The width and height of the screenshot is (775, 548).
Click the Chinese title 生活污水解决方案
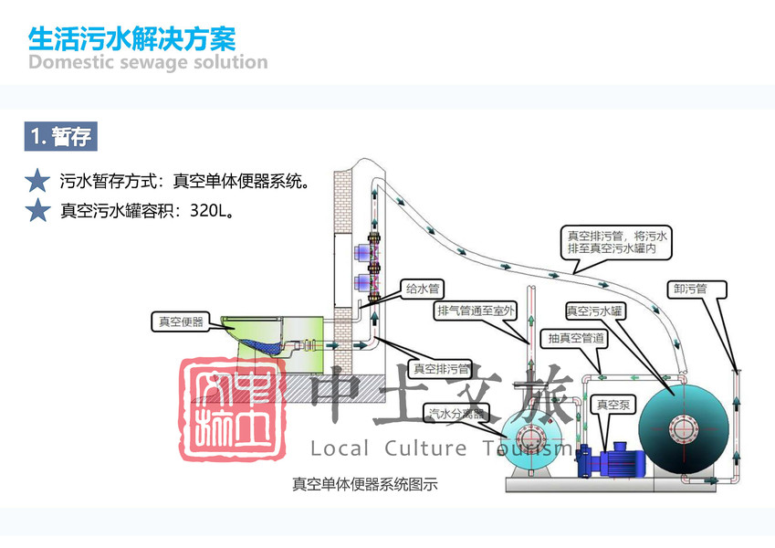132,38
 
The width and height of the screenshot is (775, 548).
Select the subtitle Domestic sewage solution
148,63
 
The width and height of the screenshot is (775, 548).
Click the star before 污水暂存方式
37,180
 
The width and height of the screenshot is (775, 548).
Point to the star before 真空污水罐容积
37,211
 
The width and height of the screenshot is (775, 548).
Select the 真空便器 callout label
181,321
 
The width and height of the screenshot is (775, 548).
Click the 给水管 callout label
423,289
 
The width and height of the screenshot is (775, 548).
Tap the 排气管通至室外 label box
477,311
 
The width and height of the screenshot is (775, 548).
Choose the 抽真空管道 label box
577,339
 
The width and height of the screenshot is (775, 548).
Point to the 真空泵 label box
613,403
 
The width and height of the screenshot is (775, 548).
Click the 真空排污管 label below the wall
441,369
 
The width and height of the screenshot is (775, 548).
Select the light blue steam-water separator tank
528,439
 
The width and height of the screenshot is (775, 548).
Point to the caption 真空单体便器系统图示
365,484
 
